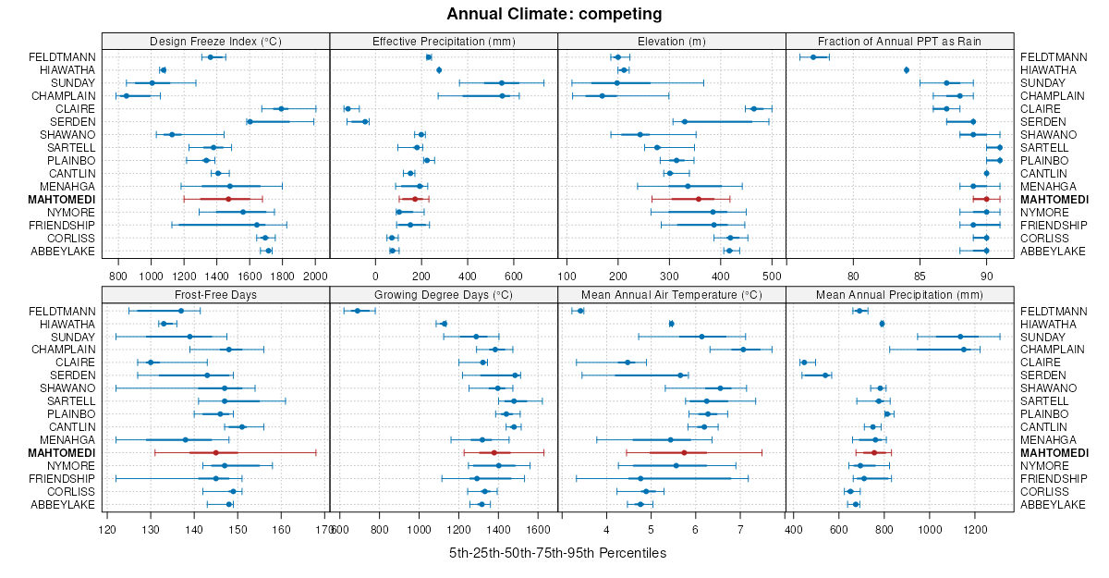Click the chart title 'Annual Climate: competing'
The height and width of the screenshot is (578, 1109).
554,14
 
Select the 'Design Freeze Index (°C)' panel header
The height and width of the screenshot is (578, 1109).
215,41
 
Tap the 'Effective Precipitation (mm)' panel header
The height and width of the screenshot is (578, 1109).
444,41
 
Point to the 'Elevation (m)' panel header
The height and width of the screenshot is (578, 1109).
672,41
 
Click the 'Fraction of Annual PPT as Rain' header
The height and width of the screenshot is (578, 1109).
899,41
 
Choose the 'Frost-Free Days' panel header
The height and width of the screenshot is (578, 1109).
215,294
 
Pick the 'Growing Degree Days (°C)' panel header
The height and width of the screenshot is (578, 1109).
444,294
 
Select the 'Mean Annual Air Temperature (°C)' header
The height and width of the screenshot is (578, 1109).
672,294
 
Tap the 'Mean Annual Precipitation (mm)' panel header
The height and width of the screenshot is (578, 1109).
899,294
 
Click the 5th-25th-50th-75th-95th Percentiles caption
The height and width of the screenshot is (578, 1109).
557,553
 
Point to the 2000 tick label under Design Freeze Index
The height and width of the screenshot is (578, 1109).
315,276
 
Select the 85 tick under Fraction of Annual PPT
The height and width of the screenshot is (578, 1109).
920,276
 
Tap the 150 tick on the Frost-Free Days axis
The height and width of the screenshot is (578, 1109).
238,529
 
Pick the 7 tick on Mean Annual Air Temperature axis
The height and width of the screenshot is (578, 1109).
740,529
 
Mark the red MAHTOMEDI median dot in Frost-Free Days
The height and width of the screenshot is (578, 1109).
215,453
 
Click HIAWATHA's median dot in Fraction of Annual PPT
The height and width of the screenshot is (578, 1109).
907,70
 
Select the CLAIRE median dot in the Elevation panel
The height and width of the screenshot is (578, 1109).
753,109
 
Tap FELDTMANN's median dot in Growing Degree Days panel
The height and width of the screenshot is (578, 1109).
357,311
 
